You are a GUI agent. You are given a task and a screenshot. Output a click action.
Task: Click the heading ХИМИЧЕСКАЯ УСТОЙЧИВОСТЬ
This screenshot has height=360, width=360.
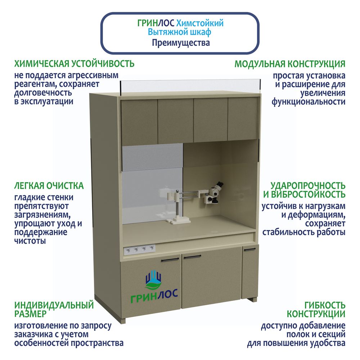coord(74,64)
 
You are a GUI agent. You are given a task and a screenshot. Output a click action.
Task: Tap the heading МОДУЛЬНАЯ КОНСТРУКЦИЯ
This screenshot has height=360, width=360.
coord(290,64)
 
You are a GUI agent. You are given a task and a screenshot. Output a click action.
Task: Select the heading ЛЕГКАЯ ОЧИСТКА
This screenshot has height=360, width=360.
coord(49,186)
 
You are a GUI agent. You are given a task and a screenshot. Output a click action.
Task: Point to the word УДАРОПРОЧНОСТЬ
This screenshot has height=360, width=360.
coord(308,185)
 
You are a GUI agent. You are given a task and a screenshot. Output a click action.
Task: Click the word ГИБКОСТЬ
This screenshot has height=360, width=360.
coord(325,305)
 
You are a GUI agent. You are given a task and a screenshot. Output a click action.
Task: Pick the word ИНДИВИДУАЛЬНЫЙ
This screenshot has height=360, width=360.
coord(54,305)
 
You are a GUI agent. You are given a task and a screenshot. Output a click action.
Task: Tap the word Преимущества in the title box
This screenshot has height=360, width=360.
coord(181,43)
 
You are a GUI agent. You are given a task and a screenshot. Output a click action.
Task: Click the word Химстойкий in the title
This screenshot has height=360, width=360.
coord(200,23)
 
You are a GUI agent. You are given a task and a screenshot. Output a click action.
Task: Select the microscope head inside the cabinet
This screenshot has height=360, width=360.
coord(217,189)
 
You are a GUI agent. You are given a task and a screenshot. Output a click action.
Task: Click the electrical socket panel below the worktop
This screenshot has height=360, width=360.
coord(140,250)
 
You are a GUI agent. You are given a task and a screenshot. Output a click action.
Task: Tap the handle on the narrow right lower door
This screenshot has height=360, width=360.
coord(249,249)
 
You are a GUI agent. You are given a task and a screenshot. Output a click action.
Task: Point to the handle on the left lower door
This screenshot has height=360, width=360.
coord(170,260)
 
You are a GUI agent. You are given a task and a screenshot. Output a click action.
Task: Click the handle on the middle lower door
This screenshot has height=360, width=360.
coord(192,257)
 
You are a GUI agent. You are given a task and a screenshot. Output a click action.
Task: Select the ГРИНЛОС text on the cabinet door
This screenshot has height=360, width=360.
coord(154,296)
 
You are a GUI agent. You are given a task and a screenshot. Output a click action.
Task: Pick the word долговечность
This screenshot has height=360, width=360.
coord(43,93)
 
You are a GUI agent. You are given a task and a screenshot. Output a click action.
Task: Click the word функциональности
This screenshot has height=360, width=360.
coord(309,102)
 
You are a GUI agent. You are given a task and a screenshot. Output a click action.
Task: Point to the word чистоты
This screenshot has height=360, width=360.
coord(30,240)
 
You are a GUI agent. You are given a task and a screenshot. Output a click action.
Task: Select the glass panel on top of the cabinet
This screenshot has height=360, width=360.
coord(190,87)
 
